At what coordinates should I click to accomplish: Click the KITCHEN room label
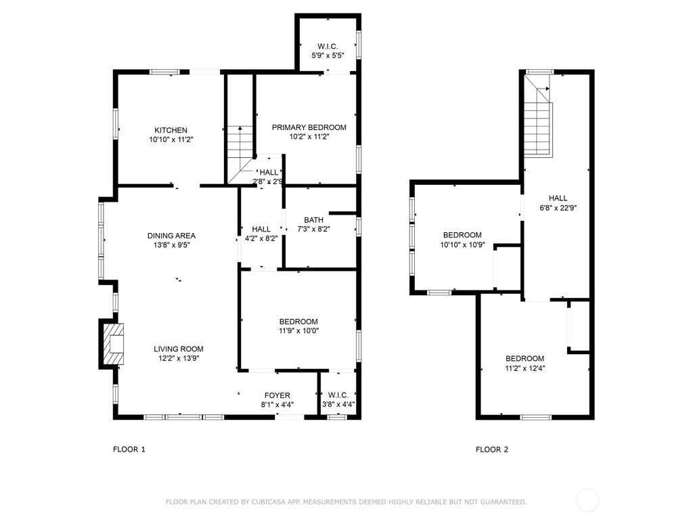tap(171, 130)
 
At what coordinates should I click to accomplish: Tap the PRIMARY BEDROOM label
tap(309, 127)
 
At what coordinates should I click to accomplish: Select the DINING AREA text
tap(171, 236)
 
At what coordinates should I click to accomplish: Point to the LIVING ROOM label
tap(178, 349)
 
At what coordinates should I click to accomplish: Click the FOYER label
tap(277, 395)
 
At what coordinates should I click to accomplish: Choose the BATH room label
tap(313, 220)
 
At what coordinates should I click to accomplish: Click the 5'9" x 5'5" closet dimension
tap(328, 56)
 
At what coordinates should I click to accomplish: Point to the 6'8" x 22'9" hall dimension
tap(558, 208)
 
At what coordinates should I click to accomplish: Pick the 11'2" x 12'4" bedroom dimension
tap(524, 368)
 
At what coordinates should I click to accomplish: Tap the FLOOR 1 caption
tap(129, 450)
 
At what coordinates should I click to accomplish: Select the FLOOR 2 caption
tap(492, 450)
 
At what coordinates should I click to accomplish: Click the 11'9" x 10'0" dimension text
tap(298, 331)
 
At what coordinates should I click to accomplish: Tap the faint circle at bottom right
tap(587, 501)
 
